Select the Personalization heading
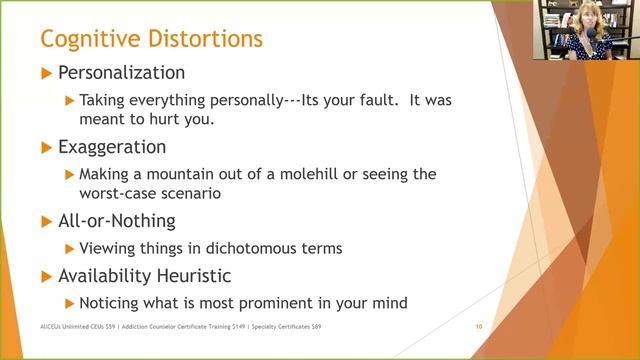click(121, 73)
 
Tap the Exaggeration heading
click(112, 147)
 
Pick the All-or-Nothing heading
click(116, 221)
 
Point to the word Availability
click(107, 275)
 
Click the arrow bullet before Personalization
click(45, 73)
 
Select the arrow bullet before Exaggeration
click(45, 147)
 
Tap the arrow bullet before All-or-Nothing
click(45, 221)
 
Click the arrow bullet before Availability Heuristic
click(45, 275)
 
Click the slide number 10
click(479, 327)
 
